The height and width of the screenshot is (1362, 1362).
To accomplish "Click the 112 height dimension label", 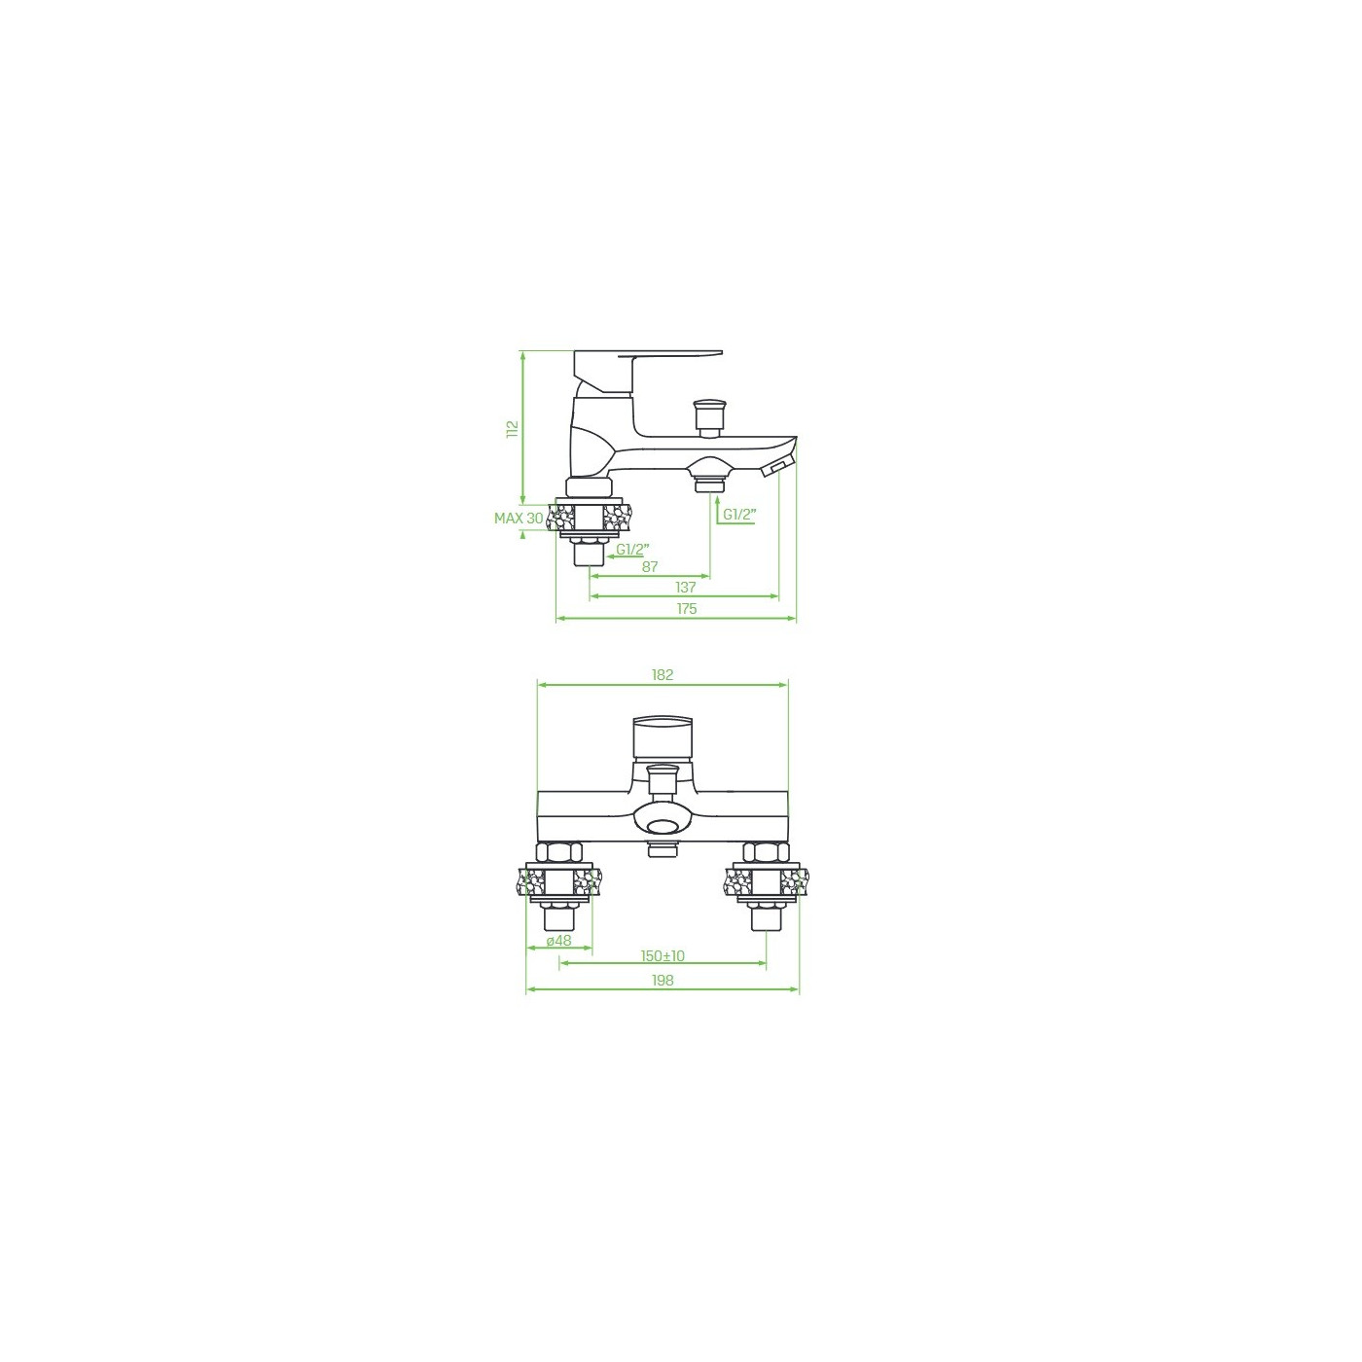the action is point(513,430).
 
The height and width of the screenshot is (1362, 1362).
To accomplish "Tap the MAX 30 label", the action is point(519,519).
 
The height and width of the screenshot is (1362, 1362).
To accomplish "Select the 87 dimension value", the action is point(650,566).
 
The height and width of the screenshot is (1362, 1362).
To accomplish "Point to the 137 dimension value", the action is point(686,587).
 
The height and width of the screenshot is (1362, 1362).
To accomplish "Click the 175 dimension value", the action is point(686,609).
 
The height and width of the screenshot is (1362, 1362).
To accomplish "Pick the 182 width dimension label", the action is point(663,675).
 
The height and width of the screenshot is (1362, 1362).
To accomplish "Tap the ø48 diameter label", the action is point(559,940).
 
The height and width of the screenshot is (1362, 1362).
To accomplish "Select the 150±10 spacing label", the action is point(663,956).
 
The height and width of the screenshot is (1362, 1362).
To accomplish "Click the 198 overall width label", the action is point(663,981).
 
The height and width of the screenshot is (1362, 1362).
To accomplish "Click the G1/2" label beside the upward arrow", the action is point(739,515).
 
